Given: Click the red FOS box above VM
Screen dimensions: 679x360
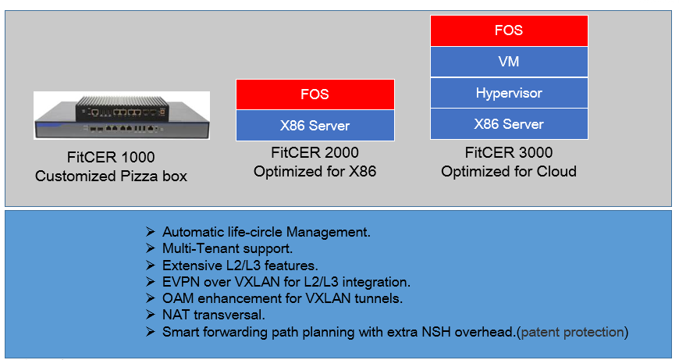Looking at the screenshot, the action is (x=509, y=30).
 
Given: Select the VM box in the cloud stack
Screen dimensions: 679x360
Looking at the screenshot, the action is (x=509, y=62).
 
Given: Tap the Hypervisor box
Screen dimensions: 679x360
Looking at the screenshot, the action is (x=509, y=93).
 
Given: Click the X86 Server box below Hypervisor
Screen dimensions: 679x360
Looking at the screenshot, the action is (x=509, y=124).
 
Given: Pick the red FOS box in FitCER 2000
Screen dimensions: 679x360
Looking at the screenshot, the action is (x=315, y=94).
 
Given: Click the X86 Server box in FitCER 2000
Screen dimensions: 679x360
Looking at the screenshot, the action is (x=315, y=126).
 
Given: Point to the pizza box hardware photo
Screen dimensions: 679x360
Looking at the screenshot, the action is (x=122, y=116).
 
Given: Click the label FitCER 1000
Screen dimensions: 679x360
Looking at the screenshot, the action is (x=111, y=157).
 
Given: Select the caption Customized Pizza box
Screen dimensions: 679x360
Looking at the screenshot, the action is (x=111, y=176).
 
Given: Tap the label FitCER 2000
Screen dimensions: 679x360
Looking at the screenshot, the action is (x=315, y=152).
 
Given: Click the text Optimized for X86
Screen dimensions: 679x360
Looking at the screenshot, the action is (x=315, y=172).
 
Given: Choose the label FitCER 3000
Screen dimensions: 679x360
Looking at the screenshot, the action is (x=509, y=152).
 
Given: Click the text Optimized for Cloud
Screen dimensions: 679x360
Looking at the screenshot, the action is (x=509, y=172).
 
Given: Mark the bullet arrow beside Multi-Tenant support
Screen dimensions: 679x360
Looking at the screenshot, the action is (x=151, y=248).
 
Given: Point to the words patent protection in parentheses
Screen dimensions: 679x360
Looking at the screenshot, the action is (x=572, y=332).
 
